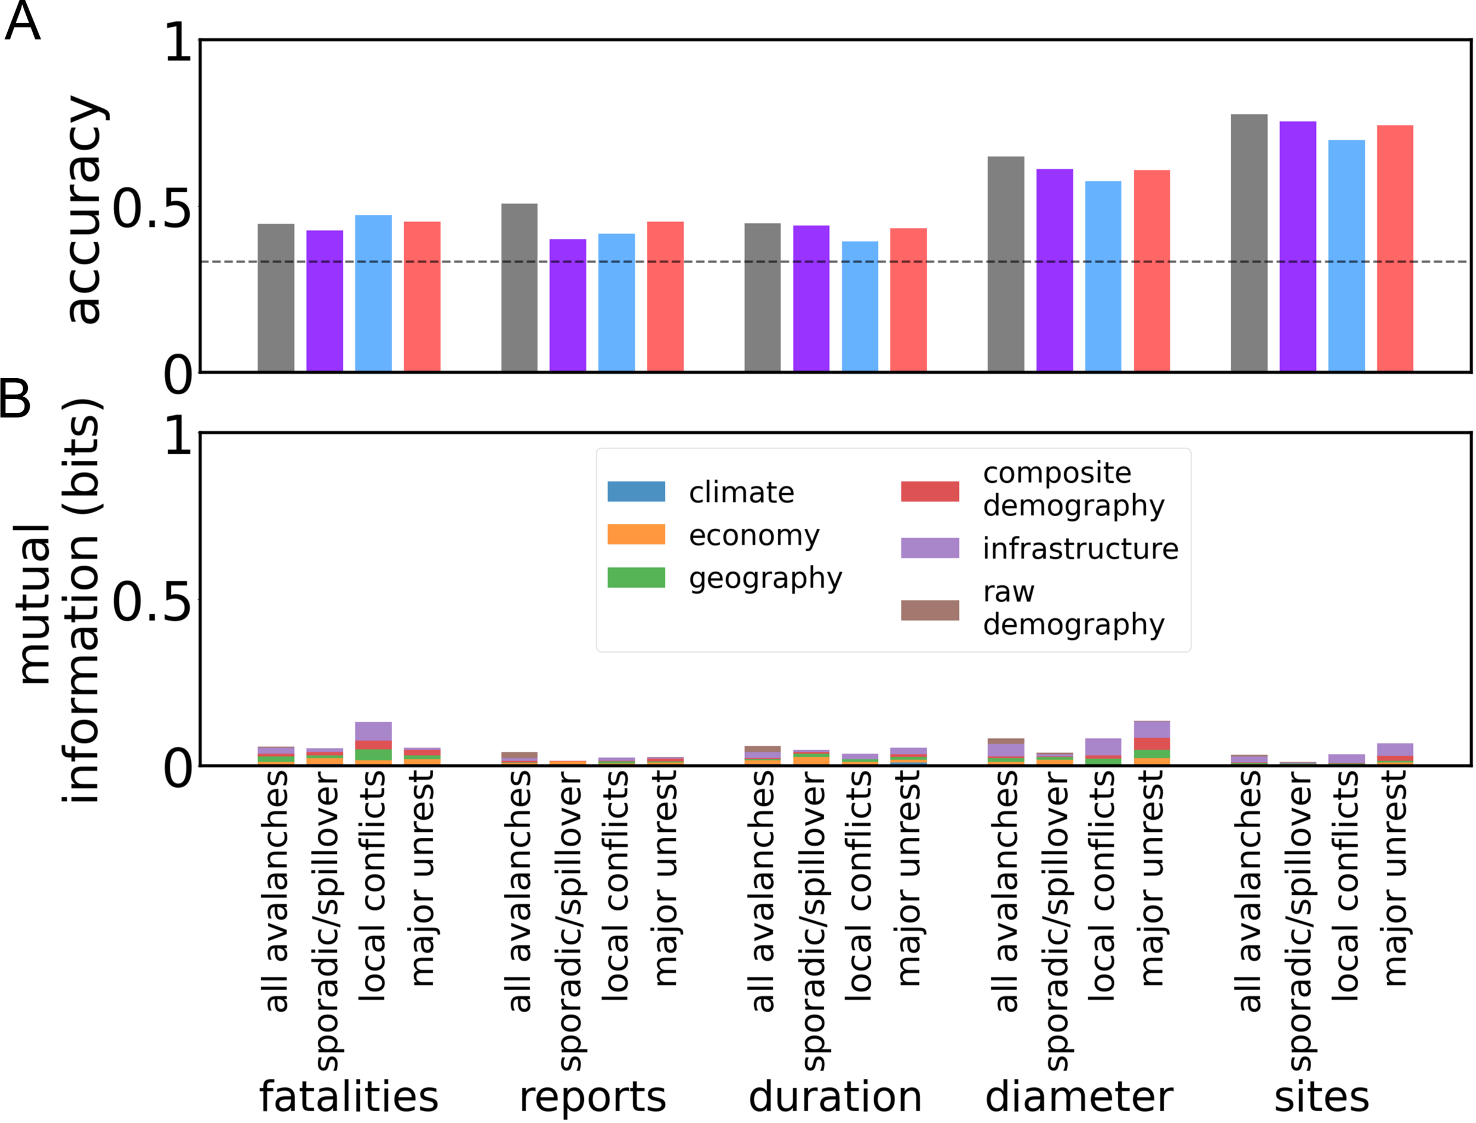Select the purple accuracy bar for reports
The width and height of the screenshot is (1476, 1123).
click(567, 305)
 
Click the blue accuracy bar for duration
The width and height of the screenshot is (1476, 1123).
click(859, 306)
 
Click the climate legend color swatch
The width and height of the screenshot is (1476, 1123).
click(636, 491)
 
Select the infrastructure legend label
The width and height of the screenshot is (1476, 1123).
click(1080, 548)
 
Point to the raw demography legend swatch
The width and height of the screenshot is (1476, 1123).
click(930, 610)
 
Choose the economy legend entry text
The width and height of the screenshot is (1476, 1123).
click(753, 535)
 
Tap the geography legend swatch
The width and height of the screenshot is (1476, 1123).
click(636, 578)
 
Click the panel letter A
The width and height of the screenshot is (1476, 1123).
click(22, 21)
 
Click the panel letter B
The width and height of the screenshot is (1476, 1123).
click(16, 399)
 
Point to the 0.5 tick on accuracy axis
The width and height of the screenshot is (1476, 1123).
click(152, 208)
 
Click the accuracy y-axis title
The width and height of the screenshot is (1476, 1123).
click(86, 208)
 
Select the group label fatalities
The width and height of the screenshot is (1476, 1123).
click(348, 1097)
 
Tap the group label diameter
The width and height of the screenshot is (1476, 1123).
click(1078, 1097)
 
